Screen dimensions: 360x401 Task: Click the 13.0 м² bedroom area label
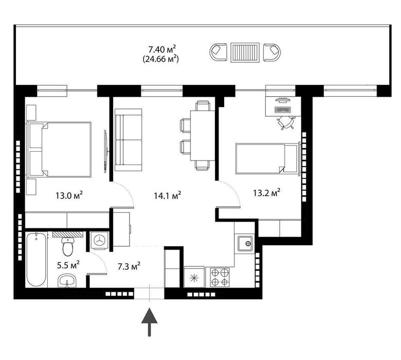[x=69, y=195]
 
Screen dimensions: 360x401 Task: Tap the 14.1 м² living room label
[x=167, y=195]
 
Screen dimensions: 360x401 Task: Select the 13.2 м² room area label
[x=266, y=193]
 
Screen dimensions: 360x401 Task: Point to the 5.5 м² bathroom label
[x=67, y=265]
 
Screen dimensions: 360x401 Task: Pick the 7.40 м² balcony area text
[x=162, y=49]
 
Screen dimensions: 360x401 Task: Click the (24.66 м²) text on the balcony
[x=162, y=59]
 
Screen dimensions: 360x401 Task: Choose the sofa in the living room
[x=128, y=139]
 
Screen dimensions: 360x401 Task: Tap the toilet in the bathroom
[x=67, y=247]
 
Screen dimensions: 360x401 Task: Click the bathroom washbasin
[x=67, y=281]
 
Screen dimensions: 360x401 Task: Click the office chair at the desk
[x=286, y=122]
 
